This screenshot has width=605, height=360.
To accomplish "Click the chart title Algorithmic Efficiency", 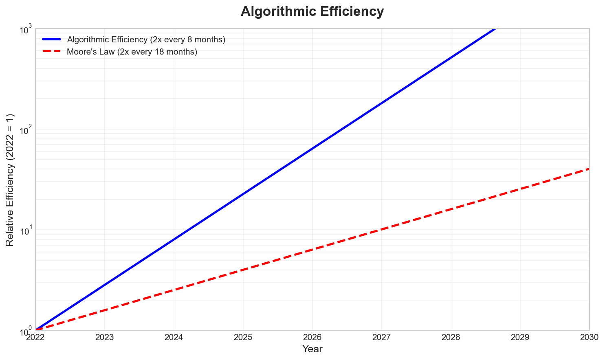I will point(312,11).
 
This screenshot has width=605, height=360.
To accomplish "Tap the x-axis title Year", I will point(312,349).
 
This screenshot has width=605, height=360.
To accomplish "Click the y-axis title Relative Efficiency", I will point(10,180).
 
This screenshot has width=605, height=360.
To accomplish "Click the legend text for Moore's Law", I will point(132,52).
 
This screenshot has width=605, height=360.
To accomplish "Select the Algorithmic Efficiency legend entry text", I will point(146,40).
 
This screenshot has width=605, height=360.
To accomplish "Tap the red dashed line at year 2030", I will point(589,169).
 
